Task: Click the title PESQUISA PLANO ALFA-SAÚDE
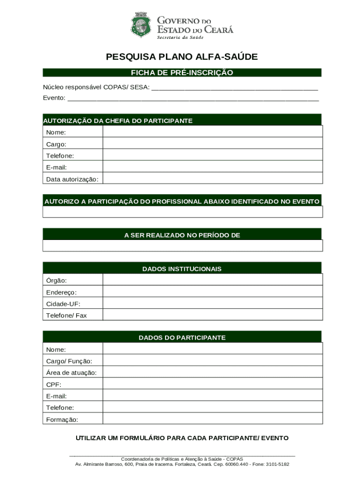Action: [x=182, y=57]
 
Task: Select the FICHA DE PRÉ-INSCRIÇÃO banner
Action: [x=182, y=73]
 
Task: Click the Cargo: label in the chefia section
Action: [x=56, y=144]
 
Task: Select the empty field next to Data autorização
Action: [x=212, y=179]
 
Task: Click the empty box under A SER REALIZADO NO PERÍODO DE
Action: [x=182, y=246]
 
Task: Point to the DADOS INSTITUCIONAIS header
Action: [x=182, y=269]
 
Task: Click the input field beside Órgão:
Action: [x=212, y=280]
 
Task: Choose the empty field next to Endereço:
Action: [x=212, y=291]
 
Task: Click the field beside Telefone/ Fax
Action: [x=212, y=315]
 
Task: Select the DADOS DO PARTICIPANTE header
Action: [x=182, y=337]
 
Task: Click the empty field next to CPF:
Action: [x=212, y=384]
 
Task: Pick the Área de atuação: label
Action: [x=71, y=372]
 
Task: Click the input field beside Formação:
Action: [x=212, y=419]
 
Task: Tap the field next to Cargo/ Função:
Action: [x=212, y=361]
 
